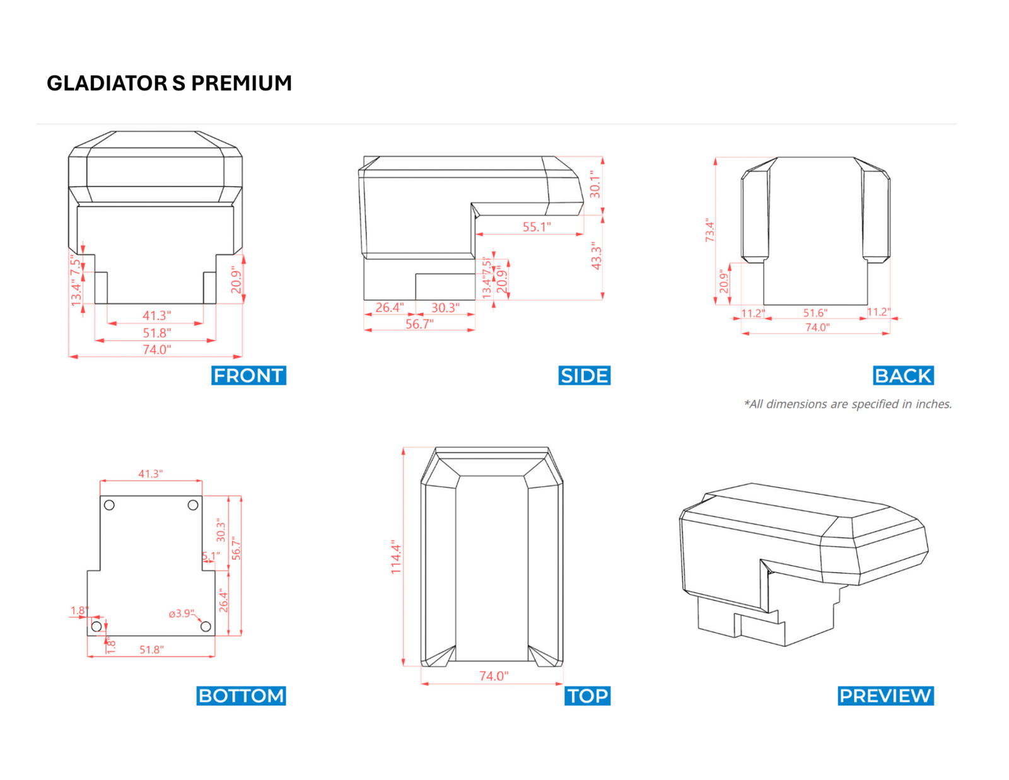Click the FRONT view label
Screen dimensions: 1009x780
(248, 375)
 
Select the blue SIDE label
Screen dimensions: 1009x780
(585, 375)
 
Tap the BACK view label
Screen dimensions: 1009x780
(903, 375)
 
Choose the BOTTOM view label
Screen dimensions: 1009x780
(241, 696)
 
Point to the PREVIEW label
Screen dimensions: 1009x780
(885, 696)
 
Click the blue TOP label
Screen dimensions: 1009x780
(588, 696)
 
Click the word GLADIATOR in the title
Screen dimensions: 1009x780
(107, 83)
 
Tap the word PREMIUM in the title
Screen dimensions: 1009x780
(242, 83)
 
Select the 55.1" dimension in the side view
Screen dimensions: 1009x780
(537, 226)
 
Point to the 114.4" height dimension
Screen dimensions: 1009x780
(396, 556)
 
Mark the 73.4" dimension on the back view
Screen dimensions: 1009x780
(710, 230)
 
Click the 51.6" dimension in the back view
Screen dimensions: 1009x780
(815, 313)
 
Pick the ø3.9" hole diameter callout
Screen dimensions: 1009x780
(182, 614)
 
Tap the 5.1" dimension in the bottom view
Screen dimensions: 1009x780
(211, 556)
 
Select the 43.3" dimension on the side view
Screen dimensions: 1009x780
(597, 256)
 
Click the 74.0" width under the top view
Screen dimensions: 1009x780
(494, 676)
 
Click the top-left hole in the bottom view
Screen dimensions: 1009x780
(109, 505)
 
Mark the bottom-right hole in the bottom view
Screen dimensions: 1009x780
(206, 626)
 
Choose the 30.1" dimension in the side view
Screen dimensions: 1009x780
(595, 184)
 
